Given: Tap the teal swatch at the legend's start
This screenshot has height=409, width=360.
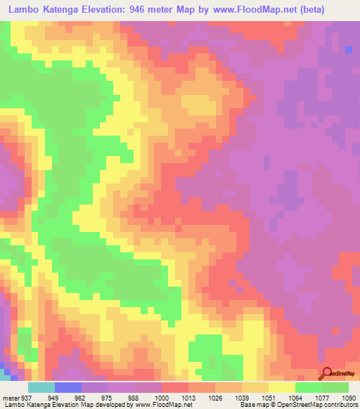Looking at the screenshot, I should click(x=41, y=388).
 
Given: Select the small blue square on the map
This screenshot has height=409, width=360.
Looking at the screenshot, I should click(x=349, y=48).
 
